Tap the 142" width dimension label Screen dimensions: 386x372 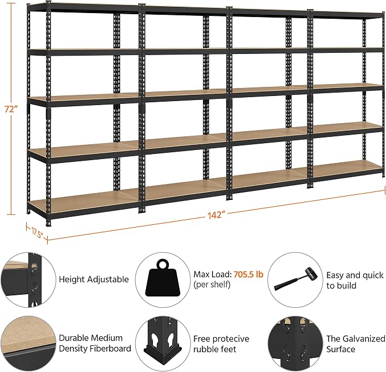tap(217, 215)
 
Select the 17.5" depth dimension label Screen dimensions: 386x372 tap(37, 233)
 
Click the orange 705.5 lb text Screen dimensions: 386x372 tap(248, 274)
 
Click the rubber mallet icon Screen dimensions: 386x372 tap(294, 279)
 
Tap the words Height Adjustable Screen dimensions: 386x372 tap(94, 279)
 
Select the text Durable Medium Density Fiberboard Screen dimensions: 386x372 tap(95, 343)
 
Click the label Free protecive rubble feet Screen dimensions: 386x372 tap(221, 344)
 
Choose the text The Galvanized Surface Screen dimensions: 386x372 tap(356, 344)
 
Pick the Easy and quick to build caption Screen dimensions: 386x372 tap(355, 280)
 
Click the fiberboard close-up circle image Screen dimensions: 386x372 tap(27, 344)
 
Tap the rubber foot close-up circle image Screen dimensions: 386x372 tap(163, 344)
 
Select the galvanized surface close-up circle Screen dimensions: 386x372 tap(295, 344)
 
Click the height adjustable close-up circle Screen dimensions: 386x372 tap(27, 280)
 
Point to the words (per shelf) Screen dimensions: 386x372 tap(211, 285)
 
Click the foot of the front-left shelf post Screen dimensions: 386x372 tap(48, 223)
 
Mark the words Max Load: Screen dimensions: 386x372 tap(213, 274)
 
